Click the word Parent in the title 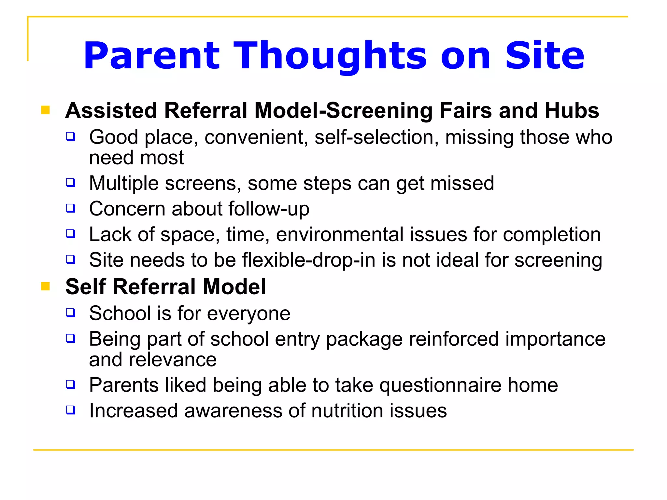pyautogui.click(x=152, y=56)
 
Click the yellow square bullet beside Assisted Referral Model pyautogui.click(x=45, y=110)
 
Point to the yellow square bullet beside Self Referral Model pyautogui.click(x=45, y=286)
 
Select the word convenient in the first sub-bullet pyautogui.click(x=256, y=137)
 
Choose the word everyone pyautogui.click(x=248, y=314)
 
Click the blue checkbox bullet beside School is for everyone pyautogui.click(x=71, y=313)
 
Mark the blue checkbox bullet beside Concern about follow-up pyautogui.click(x=71, y=208)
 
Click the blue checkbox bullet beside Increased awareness pyautogui.click(x=71, y=410)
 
